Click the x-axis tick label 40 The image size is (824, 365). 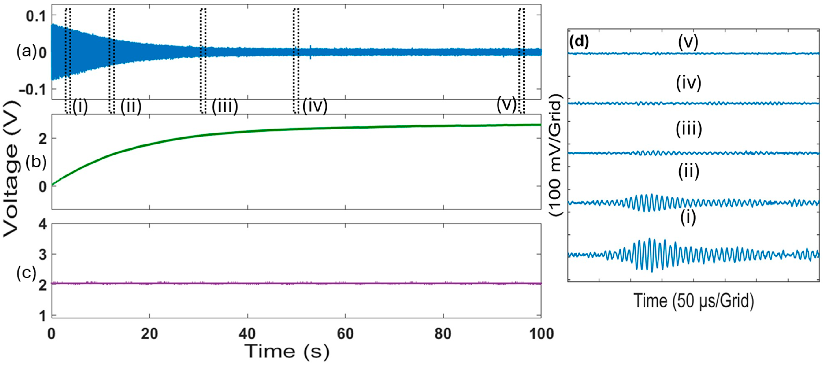(247, 334)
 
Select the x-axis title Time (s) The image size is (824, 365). (287, 351)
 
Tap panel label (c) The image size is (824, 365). (26, 273)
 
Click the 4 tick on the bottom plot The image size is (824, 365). (43, 224)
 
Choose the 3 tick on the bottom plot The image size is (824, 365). (43, 255)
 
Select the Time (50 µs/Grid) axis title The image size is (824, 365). (694, 301)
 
